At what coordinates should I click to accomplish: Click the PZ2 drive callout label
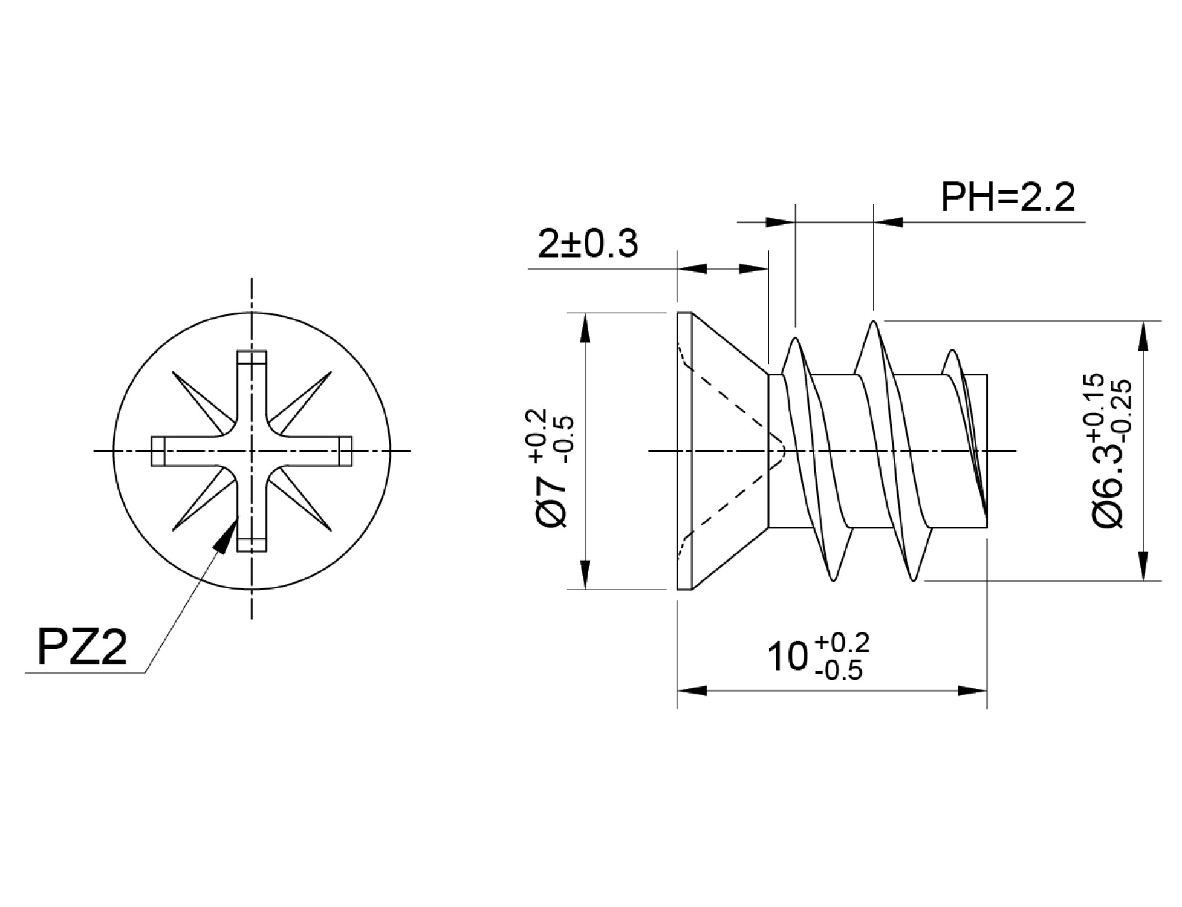point(82,647)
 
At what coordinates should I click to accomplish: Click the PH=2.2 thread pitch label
point(1008,197)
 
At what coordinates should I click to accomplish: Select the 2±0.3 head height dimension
point(588,244)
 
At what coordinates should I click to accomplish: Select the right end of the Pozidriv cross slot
point(345,451)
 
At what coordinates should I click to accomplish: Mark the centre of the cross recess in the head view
point(252,451)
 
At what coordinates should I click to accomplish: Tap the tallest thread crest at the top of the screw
point(873,323)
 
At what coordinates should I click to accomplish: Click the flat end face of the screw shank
point(986,451)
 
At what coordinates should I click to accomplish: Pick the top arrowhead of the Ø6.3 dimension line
point(1143,336)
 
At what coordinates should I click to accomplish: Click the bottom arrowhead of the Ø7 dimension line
point(585,574)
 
